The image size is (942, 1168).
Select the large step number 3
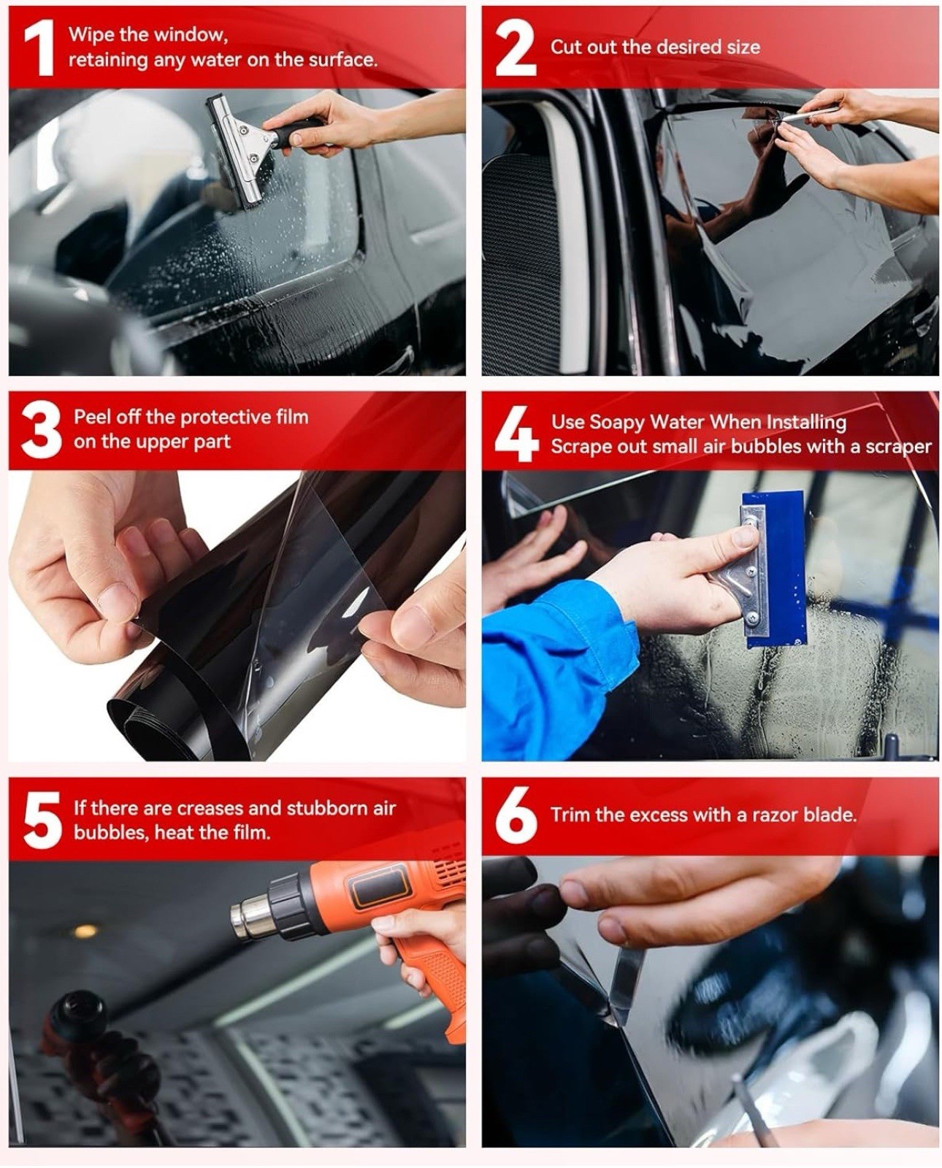click(x=42, y=431)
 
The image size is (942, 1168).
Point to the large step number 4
click(x=517, y=435)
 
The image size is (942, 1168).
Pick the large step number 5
click(x=42, y=821)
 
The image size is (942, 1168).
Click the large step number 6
click(x=516, y=817)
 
